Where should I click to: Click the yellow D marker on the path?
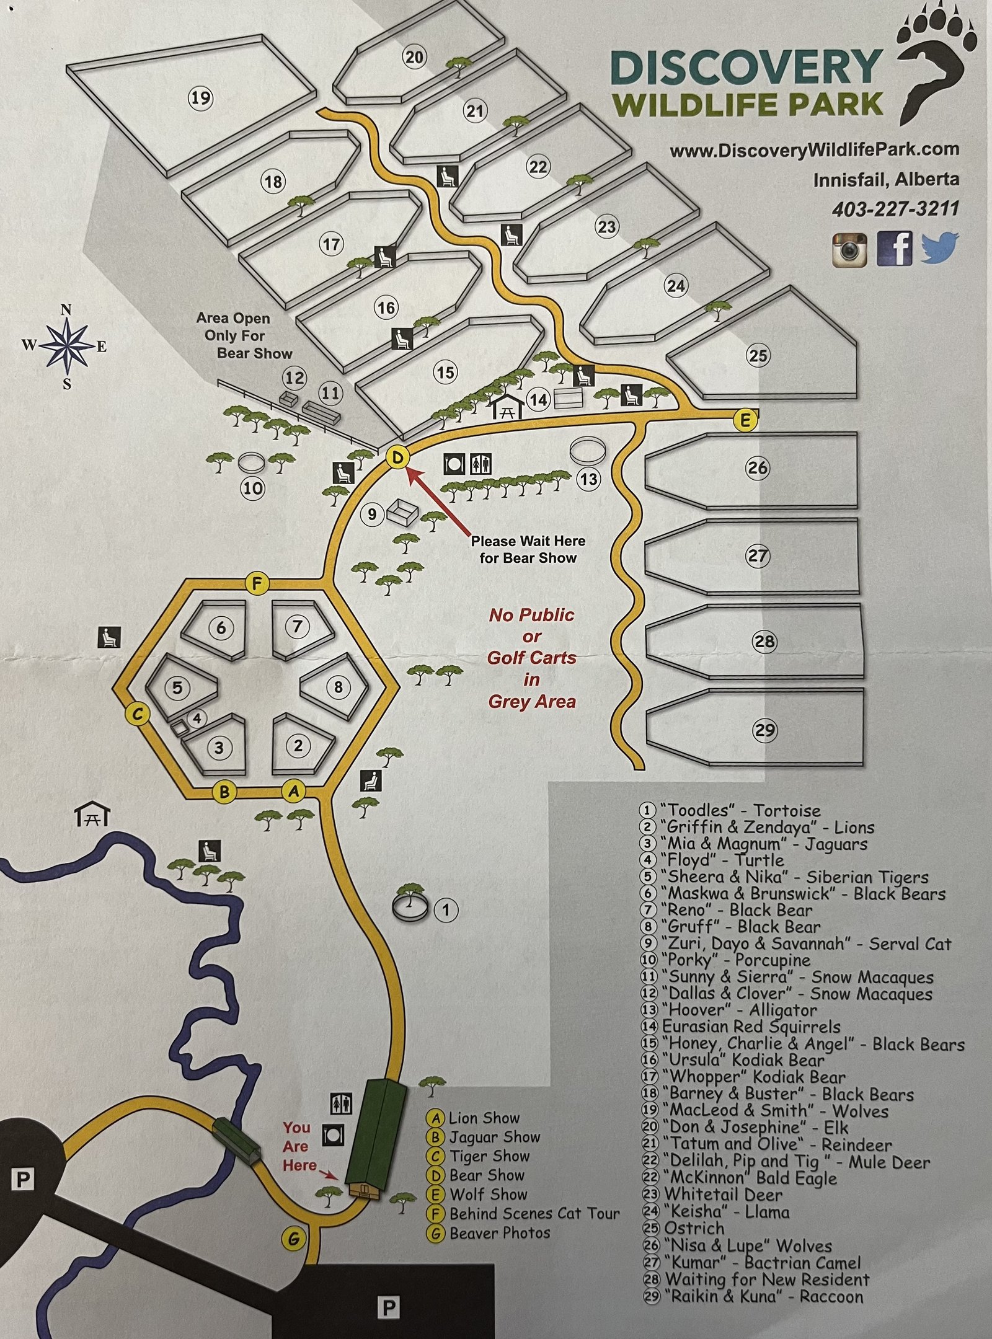point(397,459)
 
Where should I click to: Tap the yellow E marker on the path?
point(745,421)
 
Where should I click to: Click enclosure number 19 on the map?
point(200,98)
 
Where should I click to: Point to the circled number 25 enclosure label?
point(758,356)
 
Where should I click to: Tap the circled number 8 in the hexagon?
point(339,687)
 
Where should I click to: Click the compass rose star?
point(66,346)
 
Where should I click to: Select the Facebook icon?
point(895,249)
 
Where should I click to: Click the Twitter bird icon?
point(939,248)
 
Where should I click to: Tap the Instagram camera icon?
point(849,249)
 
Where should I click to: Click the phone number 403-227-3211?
point(895,209)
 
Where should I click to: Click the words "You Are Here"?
point(298,1146)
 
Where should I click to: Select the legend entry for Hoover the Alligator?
point(739,1010)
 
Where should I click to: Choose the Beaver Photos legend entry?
point(499,1233)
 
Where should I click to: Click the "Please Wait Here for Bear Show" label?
point(528,549)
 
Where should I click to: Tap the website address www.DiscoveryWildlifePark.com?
point(814,150)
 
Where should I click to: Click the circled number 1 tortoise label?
point(446,910)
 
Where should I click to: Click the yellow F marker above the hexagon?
point(256,583)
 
